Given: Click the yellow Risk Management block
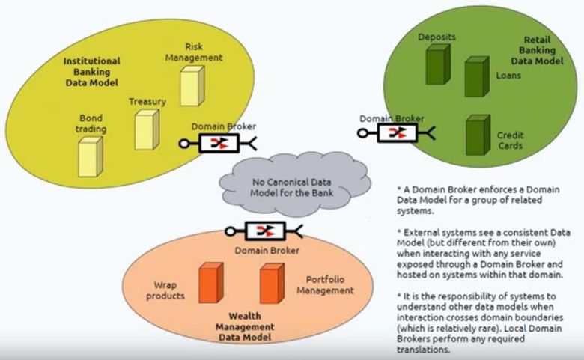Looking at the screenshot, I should [191, 84].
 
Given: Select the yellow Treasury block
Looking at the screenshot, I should [146, 129].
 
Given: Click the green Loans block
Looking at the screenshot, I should [476, 76].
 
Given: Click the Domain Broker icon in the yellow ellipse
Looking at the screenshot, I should [219, 144].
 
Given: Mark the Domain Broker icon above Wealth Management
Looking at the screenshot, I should [265, 231].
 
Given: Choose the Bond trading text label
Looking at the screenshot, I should [91, 123].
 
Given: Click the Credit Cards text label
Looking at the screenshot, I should [511, 140].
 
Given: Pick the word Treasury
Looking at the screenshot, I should [147, 101].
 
